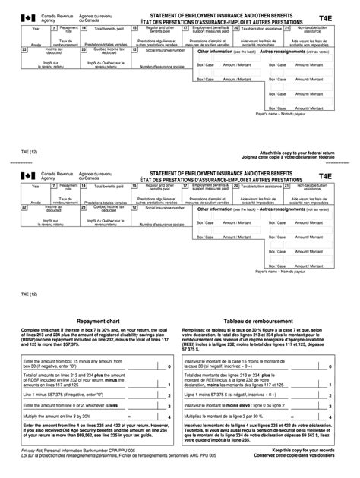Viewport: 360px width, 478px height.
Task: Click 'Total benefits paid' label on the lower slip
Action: (x=109, y=186)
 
